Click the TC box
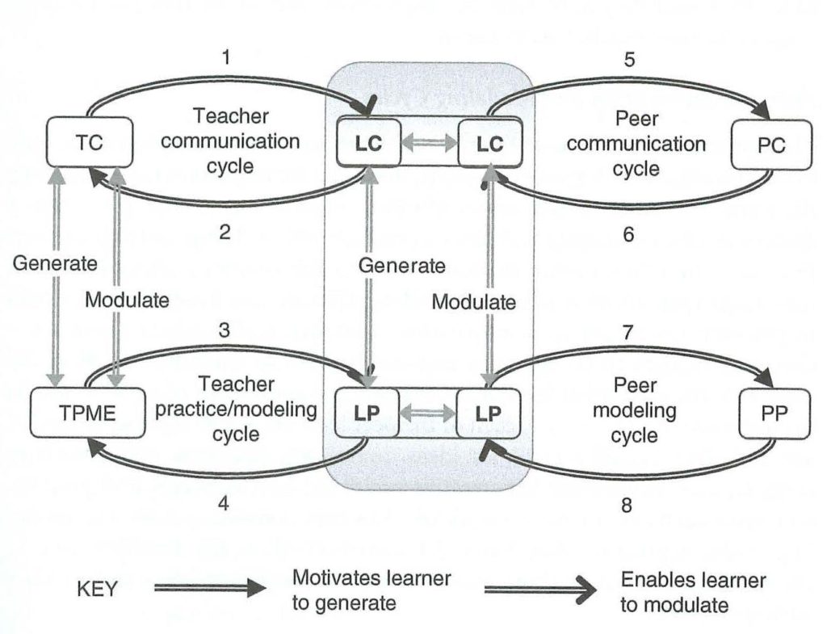point(89,142)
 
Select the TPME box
point(87,413)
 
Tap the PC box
point(771,145)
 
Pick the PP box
point(775,414)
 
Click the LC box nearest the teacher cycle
point(368,144)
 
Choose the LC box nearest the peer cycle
point(490,144)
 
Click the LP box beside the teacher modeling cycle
point(367,413)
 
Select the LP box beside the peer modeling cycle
point(488,413)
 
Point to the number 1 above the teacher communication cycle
point(226,57)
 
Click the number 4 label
point(223,504)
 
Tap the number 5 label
point(629,60)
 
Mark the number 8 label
point(627,506)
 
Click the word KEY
point(98,589)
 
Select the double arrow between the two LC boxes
point(430,142)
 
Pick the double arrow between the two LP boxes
point(428,413)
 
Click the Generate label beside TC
point(55,263)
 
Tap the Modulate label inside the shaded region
point(473,302)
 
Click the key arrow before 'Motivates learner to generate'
point(211,588)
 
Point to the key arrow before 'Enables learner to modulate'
point(540,590)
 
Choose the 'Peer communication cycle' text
point(636,144)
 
